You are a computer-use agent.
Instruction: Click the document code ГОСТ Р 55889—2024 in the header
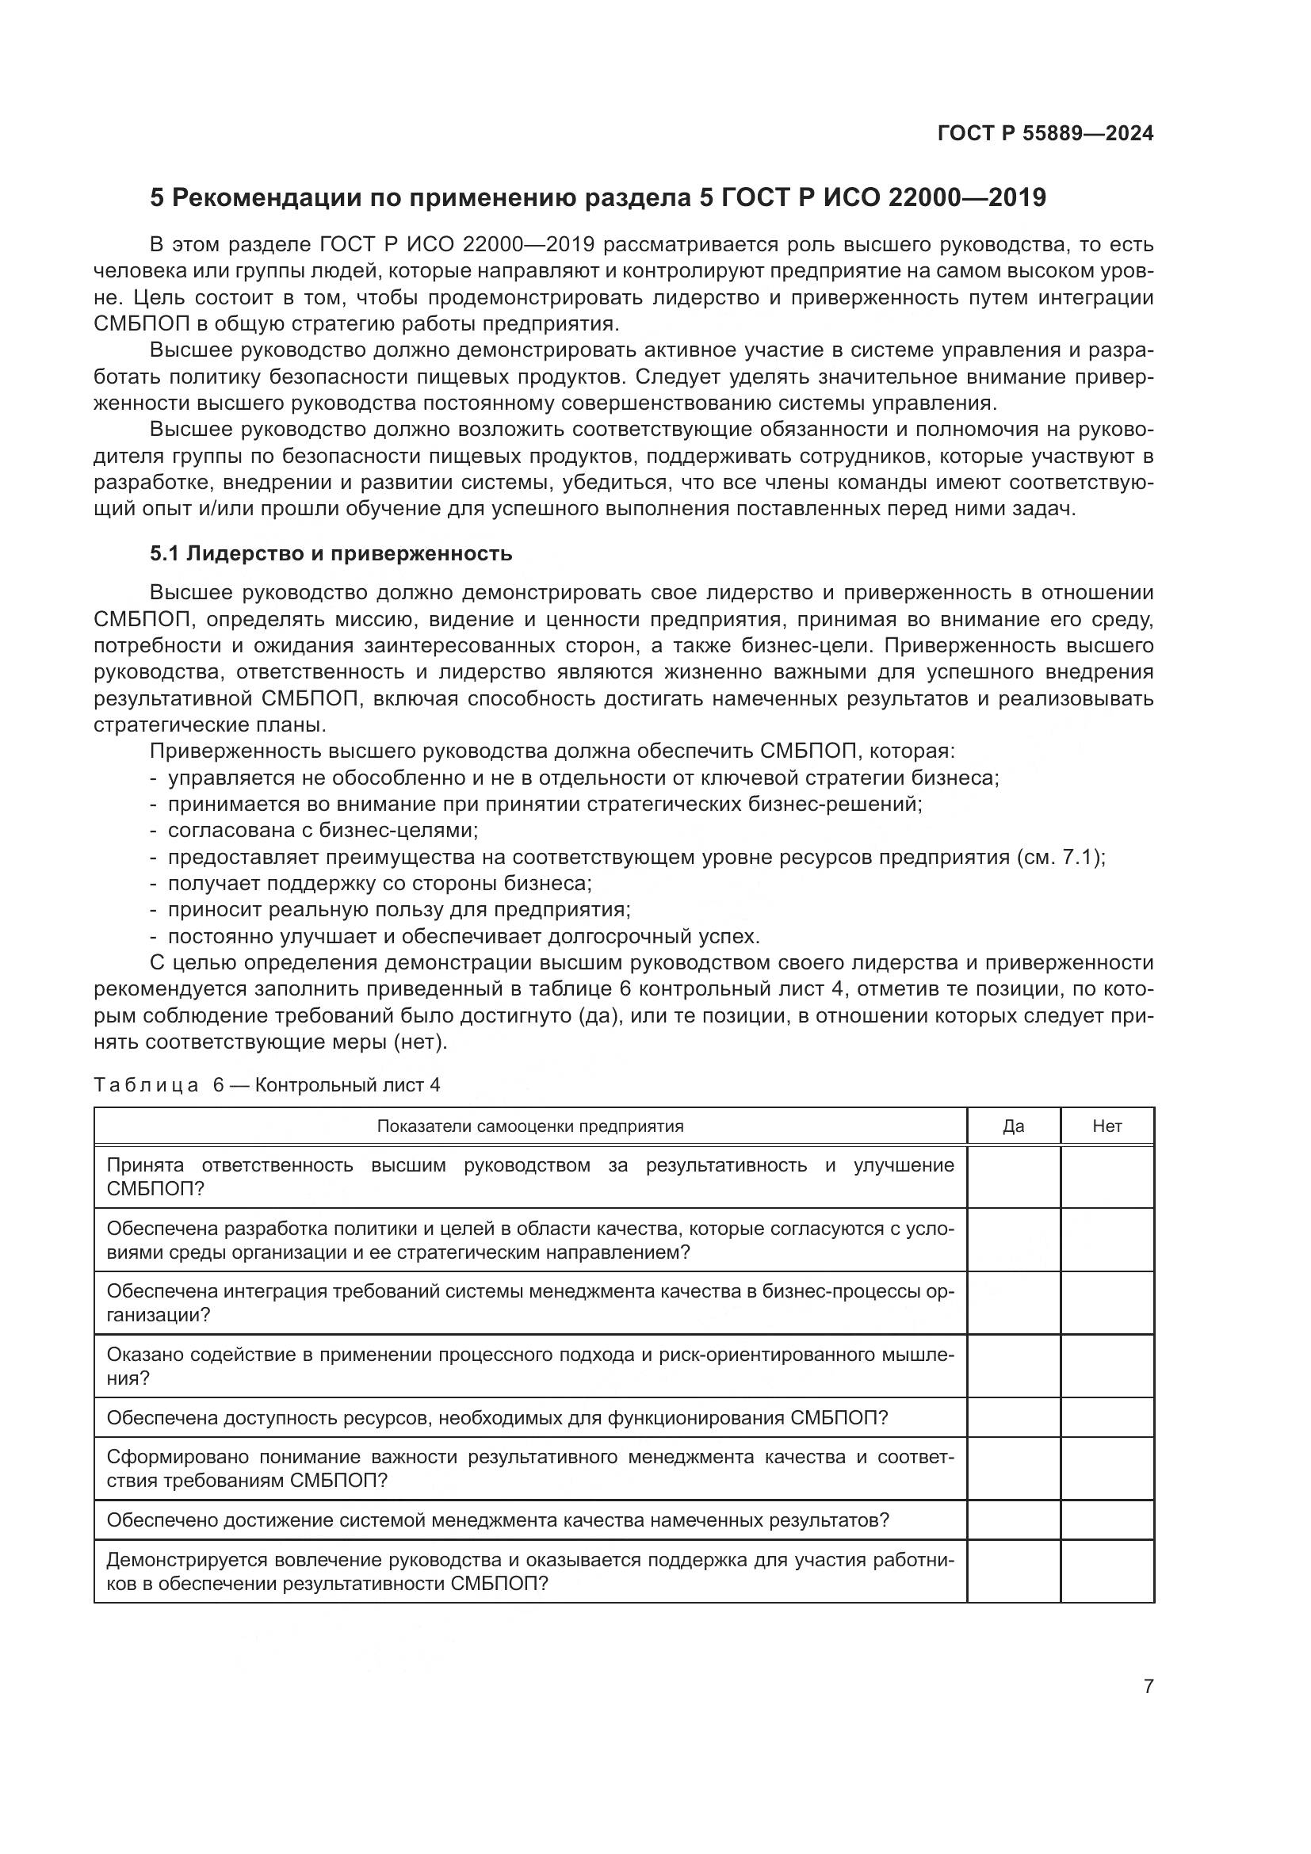[x=1045, y=134]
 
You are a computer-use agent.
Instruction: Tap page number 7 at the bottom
[x=1148, y=1687]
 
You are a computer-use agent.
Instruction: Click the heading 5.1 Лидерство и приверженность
[x=331, y=554]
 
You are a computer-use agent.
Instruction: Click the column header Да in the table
[x=1013, y=1126]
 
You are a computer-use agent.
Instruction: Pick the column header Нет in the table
[x=1107, y=1126]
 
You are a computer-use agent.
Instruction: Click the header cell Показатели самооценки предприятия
[x=529, y=1126]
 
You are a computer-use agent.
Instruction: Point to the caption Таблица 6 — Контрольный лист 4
[x=266, y=1085]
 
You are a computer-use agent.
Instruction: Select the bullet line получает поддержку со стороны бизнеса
[x=380, y=883]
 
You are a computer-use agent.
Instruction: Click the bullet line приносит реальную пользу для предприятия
[x=399, y=910]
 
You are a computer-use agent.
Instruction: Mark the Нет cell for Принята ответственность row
[x=1107, y=1176]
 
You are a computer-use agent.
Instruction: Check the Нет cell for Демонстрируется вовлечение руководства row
[x=1107, y=1571]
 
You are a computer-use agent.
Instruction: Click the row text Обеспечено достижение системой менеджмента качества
[x=497, y=1520]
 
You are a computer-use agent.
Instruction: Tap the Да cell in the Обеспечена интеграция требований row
[x=1013, y=1302]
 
